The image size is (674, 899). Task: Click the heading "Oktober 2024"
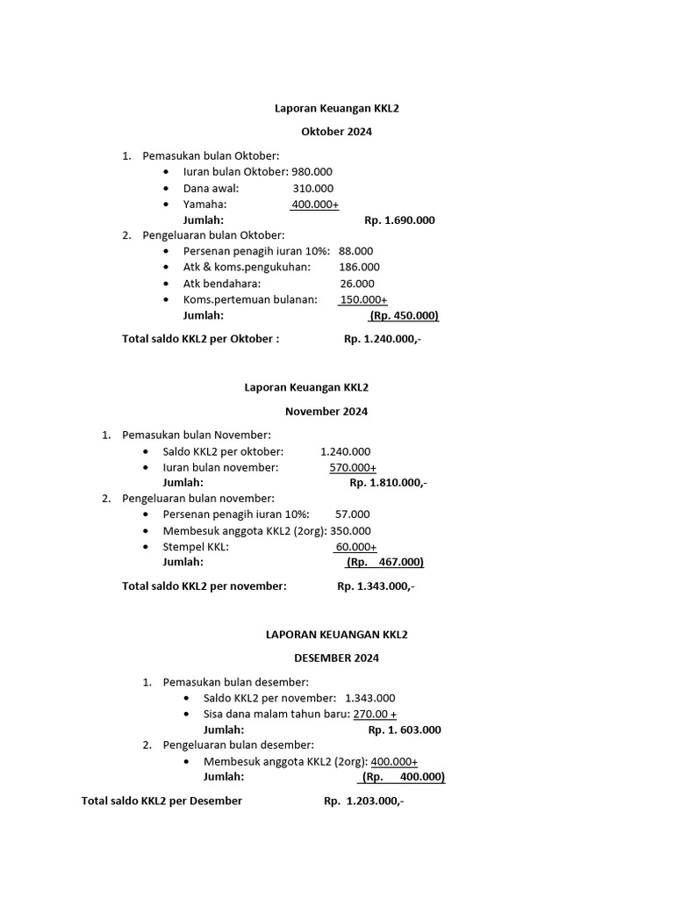pyautogui.click(x=336, y=132)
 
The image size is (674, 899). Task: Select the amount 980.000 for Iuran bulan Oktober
pyautogui.click(x=305, y=172)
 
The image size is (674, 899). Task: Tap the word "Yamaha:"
pyautogui.click(x=205, y=204)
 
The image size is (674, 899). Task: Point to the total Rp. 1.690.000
pyautogui.click(x=399, y=220)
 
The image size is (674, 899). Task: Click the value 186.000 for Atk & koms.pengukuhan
pyautogui.click(x=359, y=267)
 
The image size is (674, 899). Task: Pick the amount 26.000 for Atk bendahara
pyautogui.click(x=357, y=284)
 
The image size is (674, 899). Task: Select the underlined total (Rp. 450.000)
pyautogui.click(x=404, y=315)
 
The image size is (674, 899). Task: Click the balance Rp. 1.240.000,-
pyautogui.click(x=383, y=339)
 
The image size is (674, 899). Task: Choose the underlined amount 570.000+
pyautogui.click(x=353, y=467)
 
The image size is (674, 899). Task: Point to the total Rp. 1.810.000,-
pyautogui.click(x=388, y=482)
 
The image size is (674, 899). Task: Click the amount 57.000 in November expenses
pyautogui.click(x=353, y=514)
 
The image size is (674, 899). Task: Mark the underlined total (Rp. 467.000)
pyautogui.click(x=384, y=562)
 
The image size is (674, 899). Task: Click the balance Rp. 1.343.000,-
pyautogui.click(x=375, y=586)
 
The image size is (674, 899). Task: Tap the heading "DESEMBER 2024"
pyautogui.click(x=336, y=658)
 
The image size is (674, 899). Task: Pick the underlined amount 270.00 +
pyautogui.click(x=375, y=714)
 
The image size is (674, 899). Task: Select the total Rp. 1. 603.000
pyautogui.click(x=405, y=730)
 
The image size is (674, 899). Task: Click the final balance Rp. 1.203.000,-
pyautogui.click(x=363, y=801)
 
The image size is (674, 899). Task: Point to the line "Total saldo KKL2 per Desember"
pyautogui.click(x=161, y=801)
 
